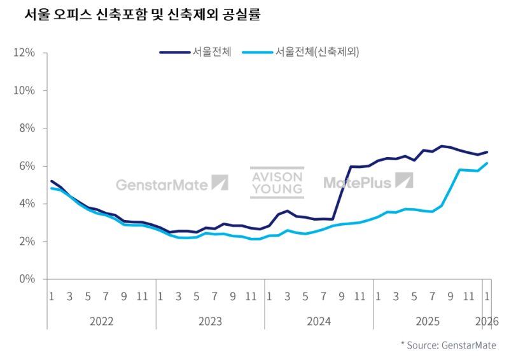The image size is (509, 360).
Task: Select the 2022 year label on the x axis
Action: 102,321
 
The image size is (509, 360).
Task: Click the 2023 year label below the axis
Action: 211,321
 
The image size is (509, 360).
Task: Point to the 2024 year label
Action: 319,321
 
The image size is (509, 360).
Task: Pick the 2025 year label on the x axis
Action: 428,321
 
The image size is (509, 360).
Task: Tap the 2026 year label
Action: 487,321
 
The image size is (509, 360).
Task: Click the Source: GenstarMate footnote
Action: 448,345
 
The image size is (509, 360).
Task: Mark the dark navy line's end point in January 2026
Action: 487,152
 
